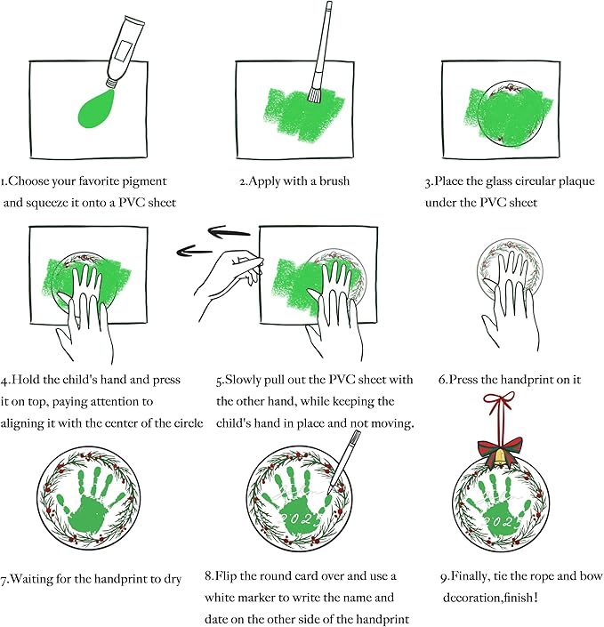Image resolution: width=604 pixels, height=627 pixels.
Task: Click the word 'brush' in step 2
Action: tap(334, 181)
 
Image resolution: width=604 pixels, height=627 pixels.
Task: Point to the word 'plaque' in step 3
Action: tap(576, 182)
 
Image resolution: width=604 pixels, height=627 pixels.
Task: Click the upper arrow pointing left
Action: tap(230, 232)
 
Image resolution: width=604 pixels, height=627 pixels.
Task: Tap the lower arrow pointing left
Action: tap(194, 251)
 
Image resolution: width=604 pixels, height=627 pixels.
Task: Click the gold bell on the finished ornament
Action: tap(500, 456)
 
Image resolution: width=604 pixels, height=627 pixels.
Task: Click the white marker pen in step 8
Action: tap(343, 462)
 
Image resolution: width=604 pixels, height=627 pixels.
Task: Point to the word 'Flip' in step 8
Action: tap(226, 576)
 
